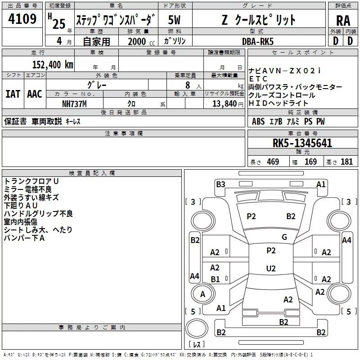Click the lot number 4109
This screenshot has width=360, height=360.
point(22,19)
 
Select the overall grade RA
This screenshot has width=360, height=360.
point(343,21)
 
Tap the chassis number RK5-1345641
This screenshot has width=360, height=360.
point(302,144)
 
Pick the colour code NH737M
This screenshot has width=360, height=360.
point(75,103)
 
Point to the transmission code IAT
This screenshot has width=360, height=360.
point(13,94)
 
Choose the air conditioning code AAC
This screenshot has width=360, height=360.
point(34,94)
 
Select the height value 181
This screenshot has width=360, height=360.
point(346,162)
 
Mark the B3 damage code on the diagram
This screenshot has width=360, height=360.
point(220,184)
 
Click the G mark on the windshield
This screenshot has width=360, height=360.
point(284,237)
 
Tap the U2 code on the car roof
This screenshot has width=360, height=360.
point(271,268)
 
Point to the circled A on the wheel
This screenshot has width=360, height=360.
point(202,294)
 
